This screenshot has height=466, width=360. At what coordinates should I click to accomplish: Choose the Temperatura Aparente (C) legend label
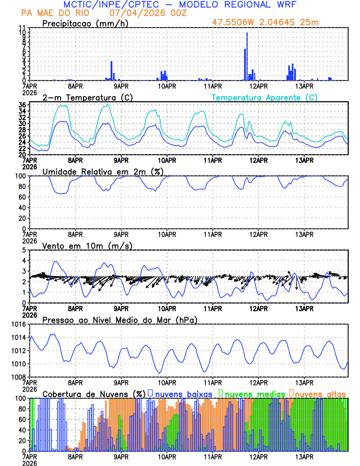[265, 97]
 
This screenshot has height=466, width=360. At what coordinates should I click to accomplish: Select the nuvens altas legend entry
[321, 393]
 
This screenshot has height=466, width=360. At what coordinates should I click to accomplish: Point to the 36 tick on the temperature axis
[22, 105]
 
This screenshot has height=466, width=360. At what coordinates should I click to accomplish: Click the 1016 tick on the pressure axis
[18, 324]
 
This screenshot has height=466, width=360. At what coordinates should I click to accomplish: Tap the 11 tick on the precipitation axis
[22, 28]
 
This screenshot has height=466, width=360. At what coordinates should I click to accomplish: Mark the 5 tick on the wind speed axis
[24, 250]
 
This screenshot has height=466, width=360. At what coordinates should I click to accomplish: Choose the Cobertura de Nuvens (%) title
[94, 393]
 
